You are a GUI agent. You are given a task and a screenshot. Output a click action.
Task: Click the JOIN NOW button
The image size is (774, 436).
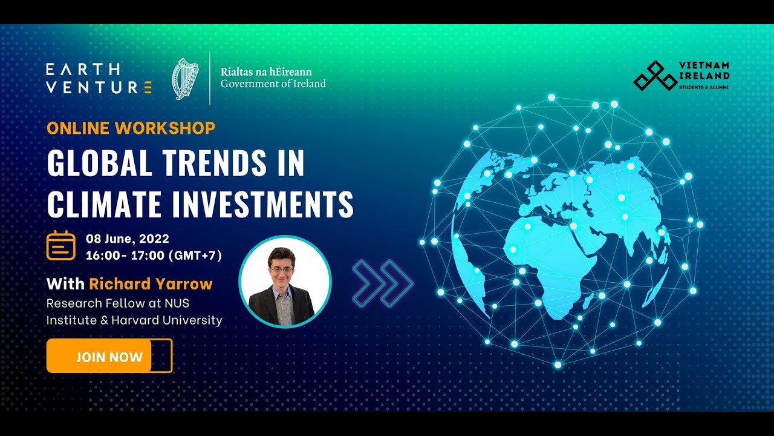[x=109, y=356]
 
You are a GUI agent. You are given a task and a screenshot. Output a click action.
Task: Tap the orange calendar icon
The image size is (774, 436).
[x=61, y=246]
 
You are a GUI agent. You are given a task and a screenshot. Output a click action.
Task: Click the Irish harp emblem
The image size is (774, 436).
[x=185, y=79]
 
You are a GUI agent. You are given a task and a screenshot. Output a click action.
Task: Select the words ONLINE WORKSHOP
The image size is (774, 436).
[x=131, y=128]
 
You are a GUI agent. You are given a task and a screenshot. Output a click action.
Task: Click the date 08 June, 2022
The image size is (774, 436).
[x=128, y=239]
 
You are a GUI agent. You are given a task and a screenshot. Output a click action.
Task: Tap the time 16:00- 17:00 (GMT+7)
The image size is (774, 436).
[x=154, y=255]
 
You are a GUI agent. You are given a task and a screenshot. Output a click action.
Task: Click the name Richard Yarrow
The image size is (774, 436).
[x=151, y=283]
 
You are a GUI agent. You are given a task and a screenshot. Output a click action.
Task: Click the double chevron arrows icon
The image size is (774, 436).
[x=382, y=282]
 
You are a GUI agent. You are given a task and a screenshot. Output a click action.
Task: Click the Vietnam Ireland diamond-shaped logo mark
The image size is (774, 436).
[x=654, y=76]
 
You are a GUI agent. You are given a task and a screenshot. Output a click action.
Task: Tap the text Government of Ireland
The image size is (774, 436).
[x=273, y=84]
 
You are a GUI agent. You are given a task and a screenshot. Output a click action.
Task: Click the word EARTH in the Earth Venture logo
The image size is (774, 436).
[x=83, y=70]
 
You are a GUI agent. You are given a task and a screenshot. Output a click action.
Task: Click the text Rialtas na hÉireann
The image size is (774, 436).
[x=266, y=71]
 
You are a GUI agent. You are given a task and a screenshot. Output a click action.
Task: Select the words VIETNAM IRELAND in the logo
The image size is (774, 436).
[x=704, y=70]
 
